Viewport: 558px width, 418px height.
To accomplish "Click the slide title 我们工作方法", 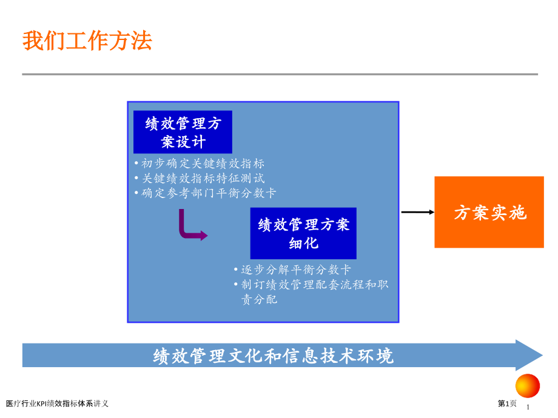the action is tap(87, 41).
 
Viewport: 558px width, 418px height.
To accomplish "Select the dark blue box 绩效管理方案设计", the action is tap(183, 132).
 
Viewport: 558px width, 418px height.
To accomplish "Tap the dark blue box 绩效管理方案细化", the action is tap(303, 233).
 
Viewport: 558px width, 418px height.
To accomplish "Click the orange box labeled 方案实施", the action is tap(489, 212).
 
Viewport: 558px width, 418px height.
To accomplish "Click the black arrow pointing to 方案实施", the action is tap(418, 212).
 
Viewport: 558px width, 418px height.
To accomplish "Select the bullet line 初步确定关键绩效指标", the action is tap(200, 164).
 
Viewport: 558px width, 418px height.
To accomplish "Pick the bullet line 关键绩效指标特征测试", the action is tap(200, 178).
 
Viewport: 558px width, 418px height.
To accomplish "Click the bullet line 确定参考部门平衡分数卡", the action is tap(206, 193).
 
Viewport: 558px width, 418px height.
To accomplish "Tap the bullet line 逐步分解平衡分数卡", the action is tap(292, 270).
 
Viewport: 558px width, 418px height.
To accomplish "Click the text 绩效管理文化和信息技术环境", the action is tap(274, 356).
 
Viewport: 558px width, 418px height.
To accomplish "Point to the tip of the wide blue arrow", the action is tap(542, 355).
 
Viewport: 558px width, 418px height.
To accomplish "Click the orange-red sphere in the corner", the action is tap(528, 386).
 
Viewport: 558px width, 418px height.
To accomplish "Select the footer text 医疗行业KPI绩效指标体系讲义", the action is tap(57, 403).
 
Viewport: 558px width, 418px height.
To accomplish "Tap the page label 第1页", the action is tap(507, 403).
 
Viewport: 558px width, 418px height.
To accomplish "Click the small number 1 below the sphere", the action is tap(528, 407).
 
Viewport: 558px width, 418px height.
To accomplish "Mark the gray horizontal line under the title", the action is tap(280, 75).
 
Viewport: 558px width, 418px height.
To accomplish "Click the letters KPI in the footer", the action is tap(42, 403).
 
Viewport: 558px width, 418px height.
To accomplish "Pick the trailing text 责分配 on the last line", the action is tap(259, 300).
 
